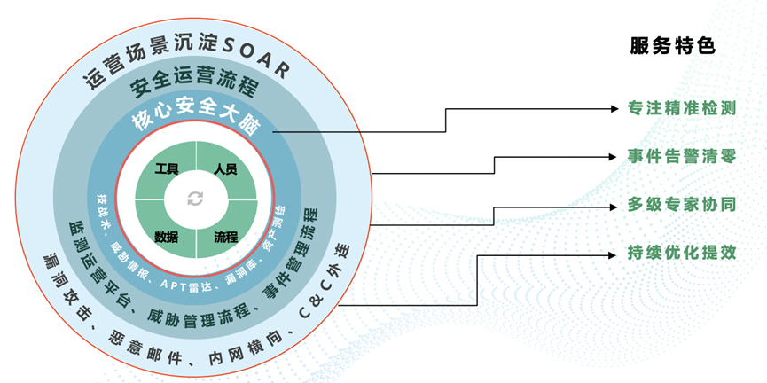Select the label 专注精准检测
click(x=682, y=109)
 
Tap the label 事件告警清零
click(x=682, y=157)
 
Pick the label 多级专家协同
click(x=682, y=206)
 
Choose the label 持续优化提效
click(x=682, y=253)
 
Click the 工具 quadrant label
click(x=167, y=168)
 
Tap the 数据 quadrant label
click(x=167, y=236)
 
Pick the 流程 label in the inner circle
click(x=225, y=236)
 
